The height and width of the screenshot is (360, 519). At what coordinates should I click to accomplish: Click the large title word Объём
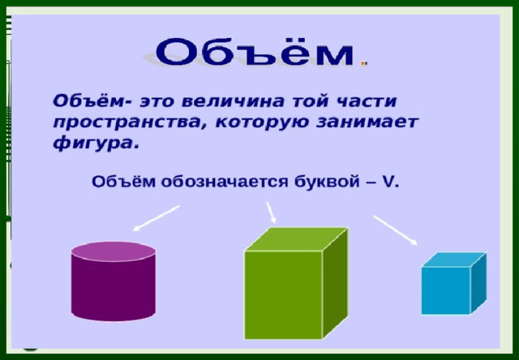254,52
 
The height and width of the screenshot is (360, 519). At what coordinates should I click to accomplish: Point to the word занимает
367,122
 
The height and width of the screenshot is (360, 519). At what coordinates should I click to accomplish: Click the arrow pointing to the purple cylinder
157,218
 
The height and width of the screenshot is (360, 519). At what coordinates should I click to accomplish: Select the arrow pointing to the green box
271,212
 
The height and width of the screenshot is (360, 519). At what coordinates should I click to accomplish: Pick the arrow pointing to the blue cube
396,230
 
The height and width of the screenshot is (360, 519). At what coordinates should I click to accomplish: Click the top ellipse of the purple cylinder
114,251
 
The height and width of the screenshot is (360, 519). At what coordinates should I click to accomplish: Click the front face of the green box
283,295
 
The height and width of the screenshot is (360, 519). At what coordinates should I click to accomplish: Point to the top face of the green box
296,239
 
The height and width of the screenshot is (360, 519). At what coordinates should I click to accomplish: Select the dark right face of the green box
335,283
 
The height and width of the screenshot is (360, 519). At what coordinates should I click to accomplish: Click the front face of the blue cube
446,290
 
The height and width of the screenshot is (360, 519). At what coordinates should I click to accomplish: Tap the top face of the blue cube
454,259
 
